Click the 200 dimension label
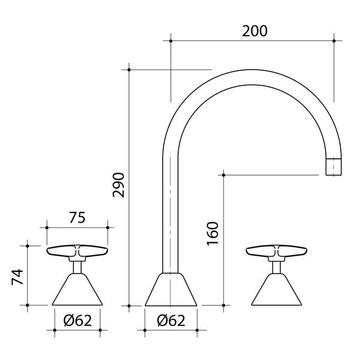[x=254, y=31]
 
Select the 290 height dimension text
[x=118, y=185]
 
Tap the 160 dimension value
[x=212, y=233]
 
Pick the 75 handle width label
[x=77, y=218]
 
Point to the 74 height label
[x=17, y=277]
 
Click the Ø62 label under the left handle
[x=77, y=320]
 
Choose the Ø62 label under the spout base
[x=171, y=320]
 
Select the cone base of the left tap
[x=77, y=289]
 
